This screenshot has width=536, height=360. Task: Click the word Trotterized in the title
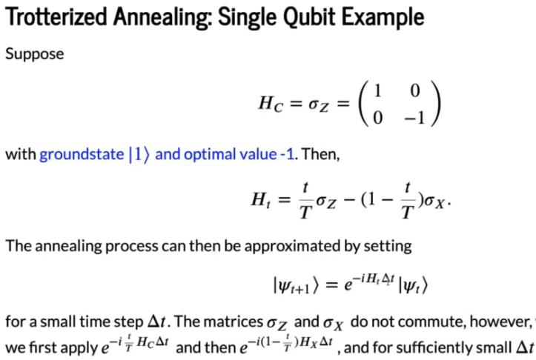pos(56,17)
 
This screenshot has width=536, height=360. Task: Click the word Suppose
pos(35,54)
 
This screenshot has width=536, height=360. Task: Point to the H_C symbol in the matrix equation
pos(271,103)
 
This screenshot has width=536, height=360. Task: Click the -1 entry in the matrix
pos(414,119)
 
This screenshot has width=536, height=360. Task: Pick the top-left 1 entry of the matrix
pos(378,91)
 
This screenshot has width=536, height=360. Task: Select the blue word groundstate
pos(82,154)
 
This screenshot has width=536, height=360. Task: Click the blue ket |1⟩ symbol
pos(139,155)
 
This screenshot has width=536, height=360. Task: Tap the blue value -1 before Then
pos(287,154)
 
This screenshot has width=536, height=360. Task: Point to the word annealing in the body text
pos(68,246)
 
